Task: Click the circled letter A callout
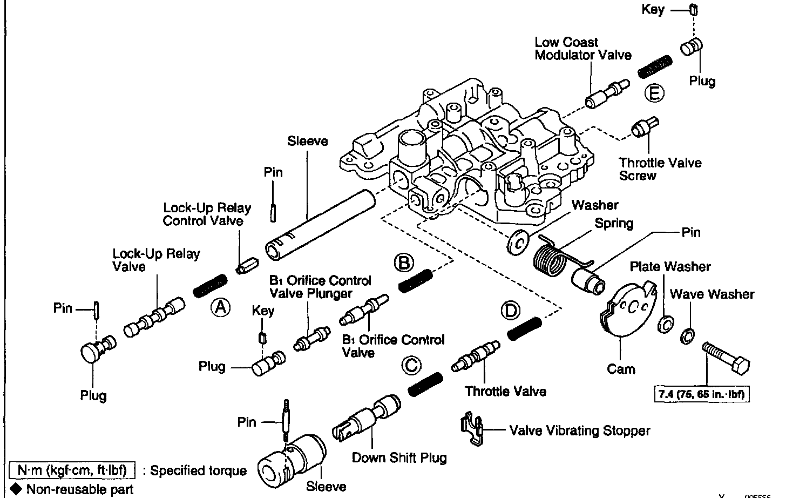click(x=220, y=308)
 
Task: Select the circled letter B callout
click(x=404, y=263)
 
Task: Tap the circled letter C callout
click(x=411, y=366)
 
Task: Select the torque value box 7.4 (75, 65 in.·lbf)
click(x=701, y=394)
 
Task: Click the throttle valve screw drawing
click(x=643, y=128)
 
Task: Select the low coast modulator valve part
click(x=606, y=93)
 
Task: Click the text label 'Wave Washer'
click(x=712, y=294)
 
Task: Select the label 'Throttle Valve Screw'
click(x=660, y=169)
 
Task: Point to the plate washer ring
click(x=665, y=325)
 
